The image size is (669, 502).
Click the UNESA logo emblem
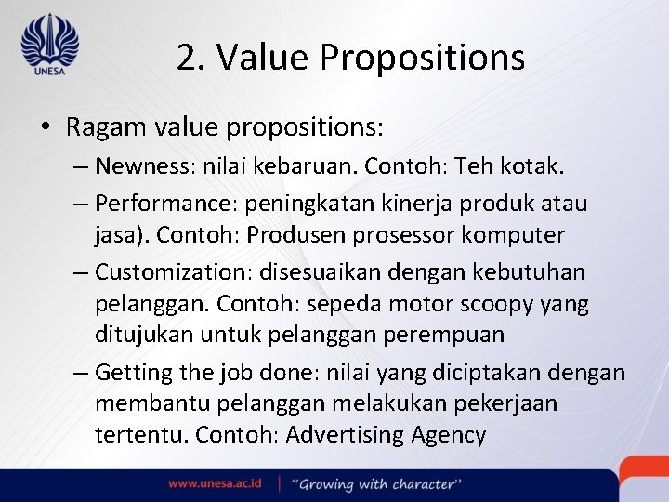(x=49, y=43)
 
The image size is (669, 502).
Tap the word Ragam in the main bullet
(x=101, y=125)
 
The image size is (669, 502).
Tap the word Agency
(x=449, y=434)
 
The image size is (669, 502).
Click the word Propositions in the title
(x=423, y=58)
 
